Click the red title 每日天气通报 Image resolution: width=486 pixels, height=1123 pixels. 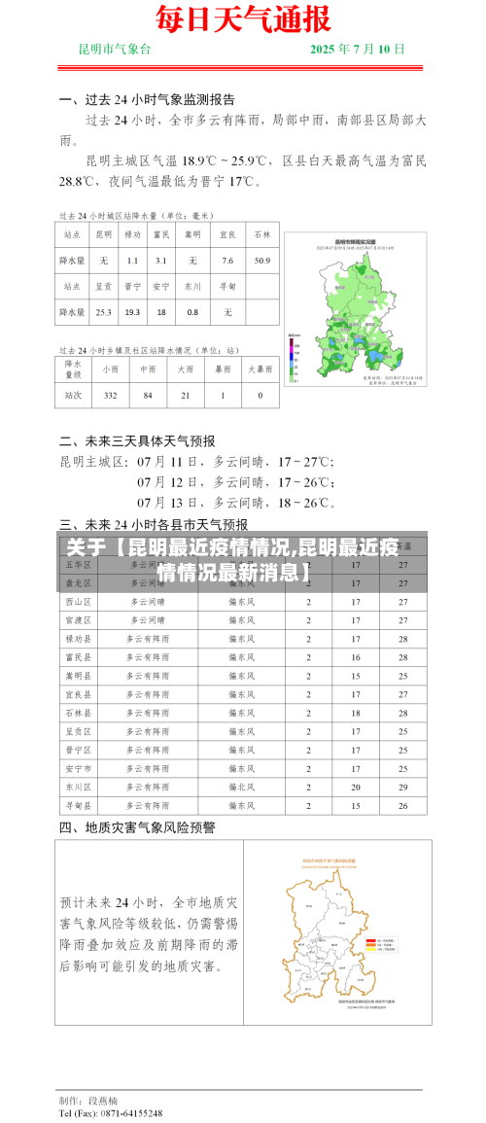(243, 18)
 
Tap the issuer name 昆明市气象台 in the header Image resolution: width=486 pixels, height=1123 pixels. (115, 49)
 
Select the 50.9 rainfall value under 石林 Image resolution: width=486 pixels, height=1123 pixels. (262, 261)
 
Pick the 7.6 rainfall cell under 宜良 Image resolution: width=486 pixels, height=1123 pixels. (227, 261)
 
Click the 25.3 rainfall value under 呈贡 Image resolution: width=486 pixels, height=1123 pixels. (103, 312)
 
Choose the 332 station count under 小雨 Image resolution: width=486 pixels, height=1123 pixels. (110, 396)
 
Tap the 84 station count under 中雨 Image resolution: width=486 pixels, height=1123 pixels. (148, 396)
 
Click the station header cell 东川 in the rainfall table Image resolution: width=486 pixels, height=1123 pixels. (192, 287)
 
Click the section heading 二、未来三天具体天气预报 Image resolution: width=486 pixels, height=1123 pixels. (137, 440)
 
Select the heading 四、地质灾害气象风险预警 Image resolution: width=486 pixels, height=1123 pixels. (137, 827)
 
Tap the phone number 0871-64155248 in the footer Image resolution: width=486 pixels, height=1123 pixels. (125, 1113)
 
